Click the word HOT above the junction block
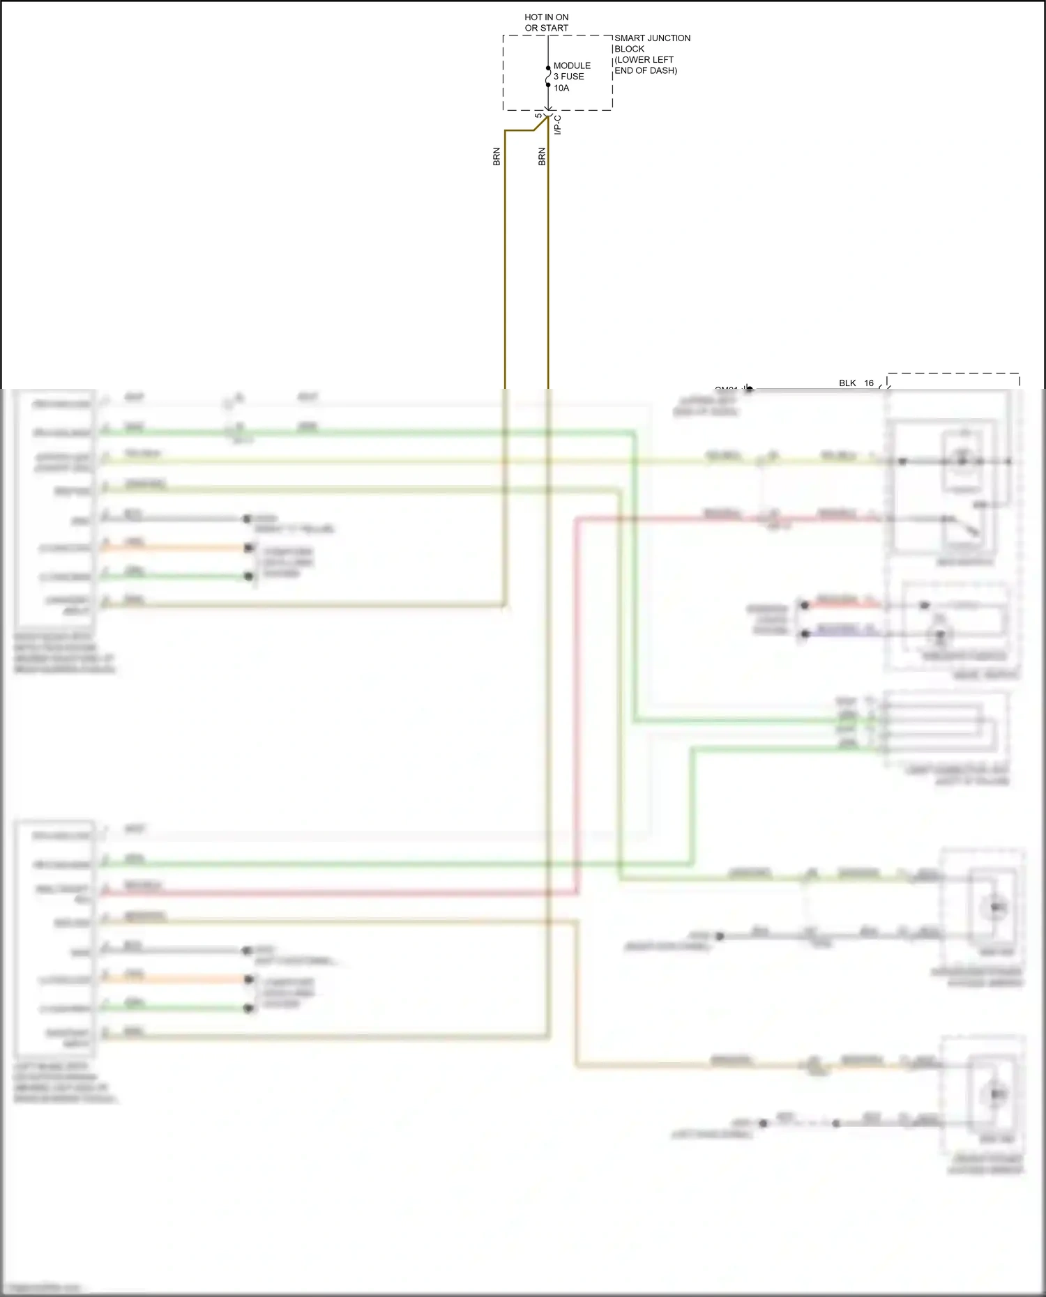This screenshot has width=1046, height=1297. click(533, 17)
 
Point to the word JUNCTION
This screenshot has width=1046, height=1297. click(669, 38)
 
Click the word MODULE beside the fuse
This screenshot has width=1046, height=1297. click(572, 66)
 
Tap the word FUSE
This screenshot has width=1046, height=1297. click(573, 77)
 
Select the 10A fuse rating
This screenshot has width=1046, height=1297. click(561, 88)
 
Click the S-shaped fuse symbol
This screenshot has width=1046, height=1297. click(548, 76)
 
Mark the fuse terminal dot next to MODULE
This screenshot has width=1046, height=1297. click(548, 68)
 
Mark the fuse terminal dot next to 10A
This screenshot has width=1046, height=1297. click(548, 85)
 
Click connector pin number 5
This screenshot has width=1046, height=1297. click(538, 116)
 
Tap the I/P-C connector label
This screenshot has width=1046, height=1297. click(557, 125)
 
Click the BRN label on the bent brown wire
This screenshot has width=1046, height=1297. click(497, 157)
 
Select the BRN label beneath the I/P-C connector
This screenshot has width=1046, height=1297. click(542, 157)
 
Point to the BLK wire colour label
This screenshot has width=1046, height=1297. click(847, 383)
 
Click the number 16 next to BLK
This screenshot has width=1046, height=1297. click(869, 383)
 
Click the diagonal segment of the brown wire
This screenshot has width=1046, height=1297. click(541, 124)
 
